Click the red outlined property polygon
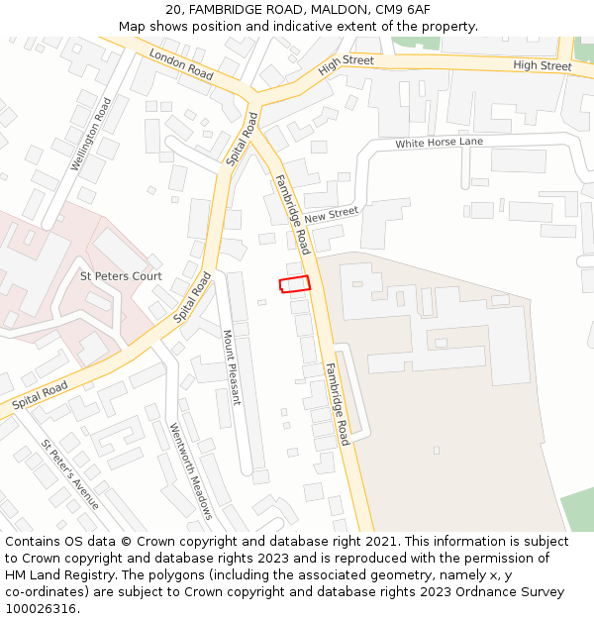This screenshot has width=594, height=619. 294,284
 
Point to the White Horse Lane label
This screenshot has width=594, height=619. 439,143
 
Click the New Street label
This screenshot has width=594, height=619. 331,214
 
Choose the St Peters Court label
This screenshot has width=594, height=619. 121,275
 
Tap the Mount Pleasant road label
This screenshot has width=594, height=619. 232,367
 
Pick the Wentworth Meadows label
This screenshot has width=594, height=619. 190,470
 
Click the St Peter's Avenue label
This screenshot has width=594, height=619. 70,474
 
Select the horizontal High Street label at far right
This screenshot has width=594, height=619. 543,66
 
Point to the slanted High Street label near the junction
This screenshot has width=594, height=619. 346,66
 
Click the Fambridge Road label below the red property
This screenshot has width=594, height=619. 338,404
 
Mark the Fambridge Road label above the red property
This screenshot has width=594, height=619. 293,214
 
